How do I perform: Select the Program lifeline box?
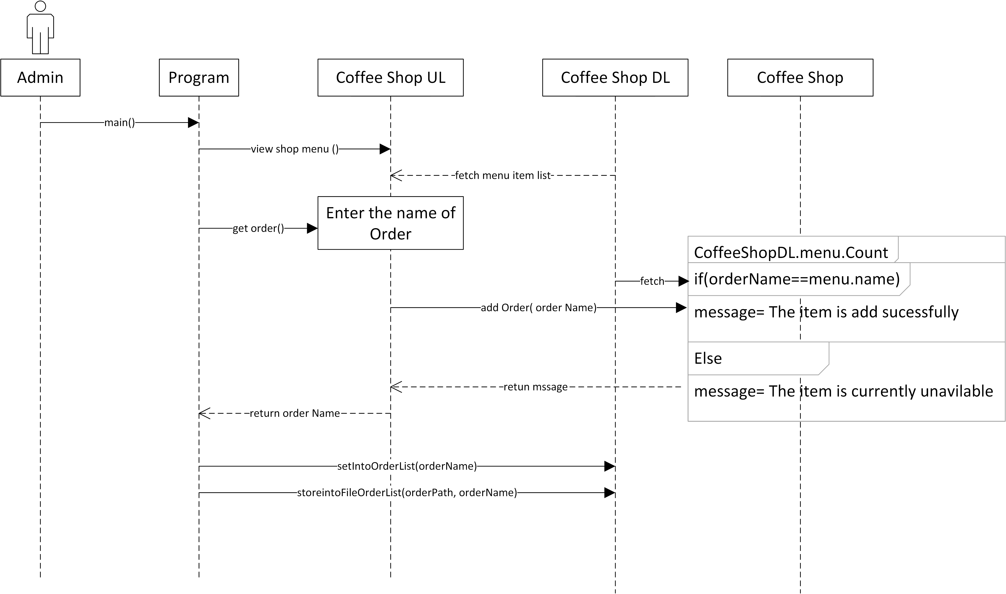199,78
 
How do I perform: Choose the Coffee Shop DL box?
615,78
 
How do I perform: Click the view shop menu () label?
294,149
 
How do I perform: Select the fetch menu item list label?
503,175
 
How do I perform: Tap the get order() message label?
258,228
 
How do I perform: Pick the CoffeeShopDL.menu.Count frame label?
791,253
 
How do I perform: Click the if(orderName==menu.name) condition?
796,279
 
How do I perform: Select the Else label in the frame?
708,358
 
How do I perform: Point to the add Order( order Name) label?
538,307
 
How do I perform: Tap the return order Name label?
294,413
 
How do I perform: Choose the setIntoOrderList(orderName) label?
407,466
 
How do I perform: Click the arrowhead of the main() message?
193,123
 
